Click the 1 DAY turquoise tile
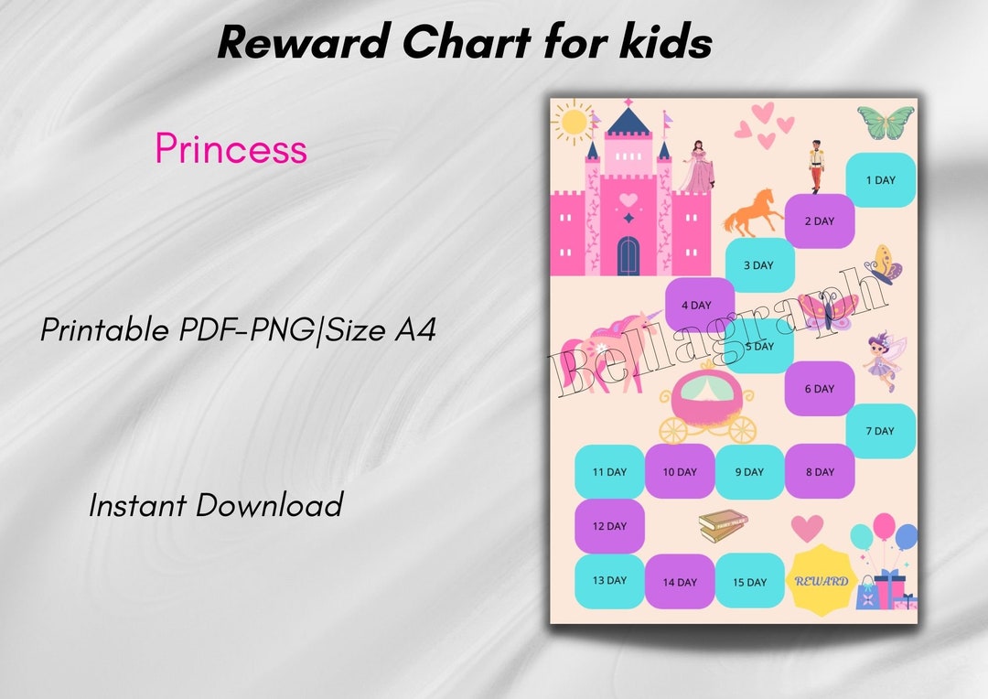tap(880, 179)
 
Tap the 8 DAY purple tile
tap(820, 471)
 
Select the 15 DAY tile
tap(749, 582)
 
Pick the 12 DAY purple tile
tap(609, 526)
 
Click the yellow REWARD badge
tap(821, 579)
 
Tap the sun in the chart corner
tap(575, 122)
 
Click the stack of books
tap(723, 525)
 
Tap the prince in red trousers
tap(816, 166)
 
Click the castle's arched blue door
tap(628, 255)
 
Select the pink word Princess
tap(231, 148)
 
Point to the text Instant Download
tap(216, 504)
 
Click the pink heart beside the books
tap(807, 528)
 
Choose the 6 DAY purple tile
tap(820, 388)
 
